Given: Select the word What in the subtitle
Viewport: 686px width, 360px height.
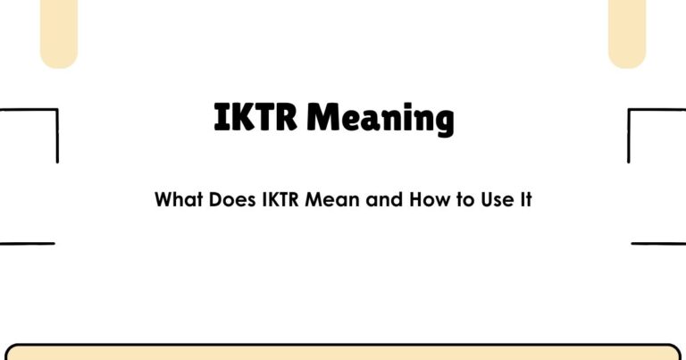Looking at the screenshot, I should [x=180, y=199].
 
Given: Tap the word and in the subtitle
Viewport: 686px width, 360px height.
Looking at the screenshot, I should [x=385, y=199].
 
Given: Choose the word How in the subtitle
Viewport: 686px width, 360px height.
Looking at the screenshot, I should [x=431, y=199].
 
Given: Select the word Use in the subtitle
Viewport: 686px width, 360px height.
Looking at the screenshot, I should [x=498, y=199].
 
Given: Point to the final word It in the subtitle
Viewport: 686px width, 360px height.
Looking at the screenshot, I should [x=526, y=199].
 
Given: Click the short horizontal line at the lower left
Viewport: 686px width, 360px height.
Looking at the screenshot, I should [x=27, y=243].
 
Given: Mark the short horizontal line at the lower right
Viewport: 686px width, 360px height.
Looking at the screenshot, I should [x=658, y=243].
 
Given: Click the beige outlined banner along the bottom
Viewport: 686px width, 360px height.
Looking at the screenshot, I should [x=343, y=352].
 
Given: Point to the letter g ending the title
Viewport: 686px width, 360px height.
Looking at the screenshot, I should [x=442, y=121].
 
